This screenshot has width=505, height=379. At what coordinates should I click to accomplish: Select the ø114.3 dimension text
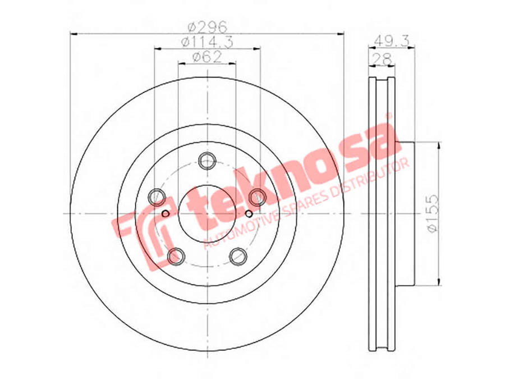206,42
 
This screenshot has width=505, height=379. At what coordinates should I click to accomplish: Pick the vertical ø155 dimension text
430,213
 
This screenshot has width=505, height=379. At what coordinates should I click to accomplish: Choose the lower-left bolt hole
176,256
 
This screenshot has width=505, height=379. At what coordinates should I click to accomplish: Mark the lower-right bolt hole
238,256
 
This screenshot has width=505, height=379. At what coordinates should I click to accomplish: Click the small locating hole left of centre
166,213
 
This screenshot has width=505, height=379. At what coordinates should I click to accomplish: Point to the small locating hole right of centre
249,213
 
